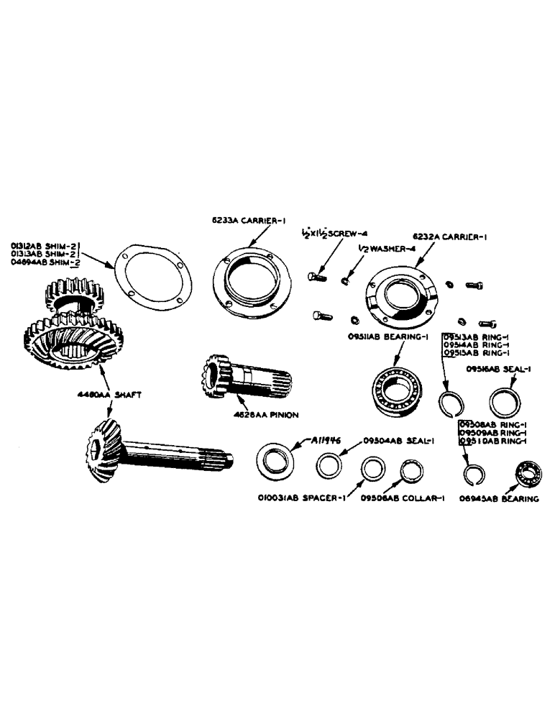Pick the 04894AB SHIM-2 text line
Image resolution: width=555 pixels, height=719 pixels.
click(44, 264)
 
